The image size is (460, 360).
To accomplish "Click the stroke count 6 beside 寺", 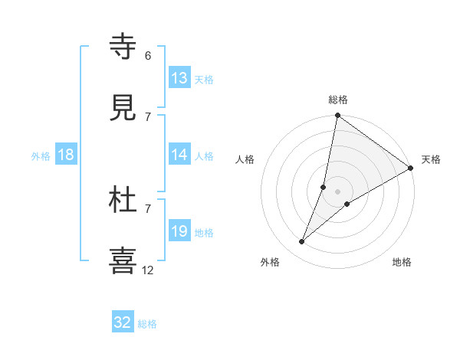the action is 148,56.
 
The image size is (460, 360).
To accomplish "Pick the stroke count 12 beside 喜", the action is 148,270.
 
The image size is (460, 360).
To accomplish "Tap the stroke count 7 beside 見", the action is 148,116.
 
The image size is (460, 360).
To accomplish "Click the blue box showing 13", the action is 179,78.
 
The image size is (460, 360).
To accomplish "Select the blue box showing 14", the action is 179,155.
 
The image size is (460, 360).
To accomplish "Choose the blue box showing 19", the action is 179,231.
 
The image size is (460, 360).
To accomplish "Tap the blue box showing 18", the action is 66,155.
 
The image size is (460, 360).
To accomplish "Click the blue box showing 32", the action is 123,322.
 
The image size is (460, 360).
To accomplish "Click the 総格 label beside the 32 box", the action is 148,324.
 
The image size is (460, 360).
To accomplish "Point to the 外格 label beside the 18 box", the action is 41,156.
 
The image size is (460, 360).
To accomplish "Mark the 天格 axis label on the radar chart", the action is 431,159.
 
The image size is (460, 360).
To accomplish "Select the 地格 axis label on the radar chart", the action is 402,262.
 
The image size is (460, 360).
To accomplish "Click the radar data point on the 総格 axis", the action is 337,116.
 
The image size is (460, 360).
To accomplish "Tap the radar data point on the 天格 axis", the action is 410,168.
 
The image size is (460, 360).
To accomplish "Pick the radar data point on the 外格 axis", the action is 302,242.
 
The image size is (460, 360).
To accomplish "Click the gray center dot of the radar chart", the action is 337,191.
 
